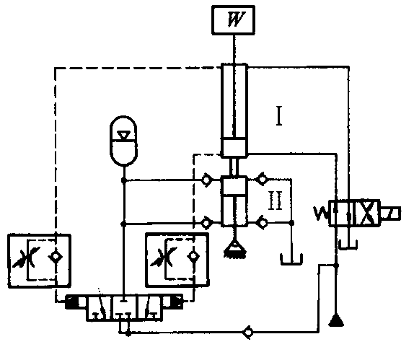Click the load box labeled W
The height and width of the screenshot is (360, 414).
tap(234, 20)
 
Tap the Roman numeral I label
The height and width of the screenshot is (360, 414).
tap(279, 115)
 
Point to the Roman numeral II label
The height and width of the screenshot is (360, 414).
tap(276, 201)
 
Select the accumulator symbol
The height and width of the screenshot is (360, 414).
tap(123, 141)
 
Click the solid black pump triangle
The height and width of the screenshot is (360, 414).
tap(336, 320)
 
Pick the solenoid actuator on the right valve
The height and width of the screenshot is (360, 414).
tap(390, 213)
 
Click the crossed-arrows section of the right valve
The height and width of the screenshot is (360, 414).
tap(367, 213)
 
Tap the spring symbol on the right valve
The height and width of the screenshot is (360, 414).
tap(321, 214)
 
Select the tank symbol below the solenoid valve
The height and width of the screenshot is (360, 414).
tap(348, 245)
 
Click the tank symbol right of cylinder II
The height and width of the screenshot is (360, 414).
tap(291, 259)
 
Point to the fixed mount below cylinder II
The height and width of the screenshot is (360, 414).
tap(234, 249)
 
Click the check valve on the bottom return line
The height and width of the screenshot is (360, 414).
tap(248, 333)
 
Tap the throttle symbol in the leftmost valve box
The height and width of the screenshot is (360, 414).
tap(27, 257)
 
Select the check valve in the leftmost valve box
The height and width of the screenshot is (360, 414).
tap(56, 257)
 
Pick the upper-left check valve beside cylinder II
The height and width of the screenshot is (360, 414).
tap(207, 180)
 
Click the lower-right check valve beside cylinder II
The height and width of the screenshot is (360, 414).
tap(262, 223)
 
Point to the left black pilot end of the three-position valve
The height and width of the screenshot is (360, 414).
tap(72, 302)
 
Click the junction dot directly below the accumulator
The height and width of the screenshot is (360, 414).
tap(123, 180)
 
